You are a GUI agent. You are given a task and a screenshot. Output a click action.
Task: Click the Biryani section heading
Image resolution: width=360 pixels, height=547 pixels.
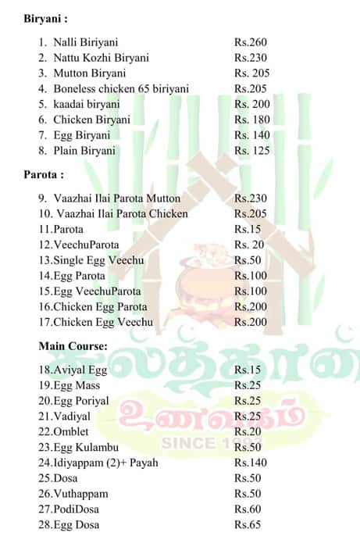[x=44, y=18]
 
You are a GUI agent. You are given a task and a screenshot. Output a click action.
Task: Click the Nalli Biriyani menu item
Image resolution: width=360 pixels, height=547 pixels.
[x=86, y=42]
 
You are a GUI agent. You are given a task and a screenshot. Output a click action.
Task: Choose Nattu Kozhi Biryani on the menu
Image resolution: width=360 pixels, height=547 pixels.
[x=101, y=58]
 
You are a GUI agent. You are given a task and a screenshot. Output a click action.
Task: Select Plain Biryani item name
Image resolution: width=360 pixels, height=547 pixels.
[x=84, y=151]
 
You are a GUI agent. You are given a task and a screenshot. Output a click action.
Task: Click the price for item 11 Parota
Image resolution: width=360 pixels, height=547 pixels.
[x=248, y=229]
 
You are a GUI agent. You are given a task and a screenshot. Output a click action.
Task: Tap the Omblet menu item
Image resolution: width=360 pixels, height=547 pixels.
[x=67, y=431]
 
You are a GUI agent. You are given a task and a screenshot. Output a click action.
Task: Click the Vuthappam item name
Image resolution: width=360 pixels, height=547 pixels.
[x=76, y=494]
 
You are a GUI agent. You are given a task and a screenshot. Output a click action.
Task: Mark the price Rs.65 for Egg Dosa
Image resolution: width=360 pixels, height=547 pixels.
[x=248, y=525]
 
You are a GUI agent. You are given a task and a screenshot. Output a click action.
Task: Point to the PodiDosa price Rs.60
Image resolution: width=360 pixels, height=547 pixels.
[x=248, y=509]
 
